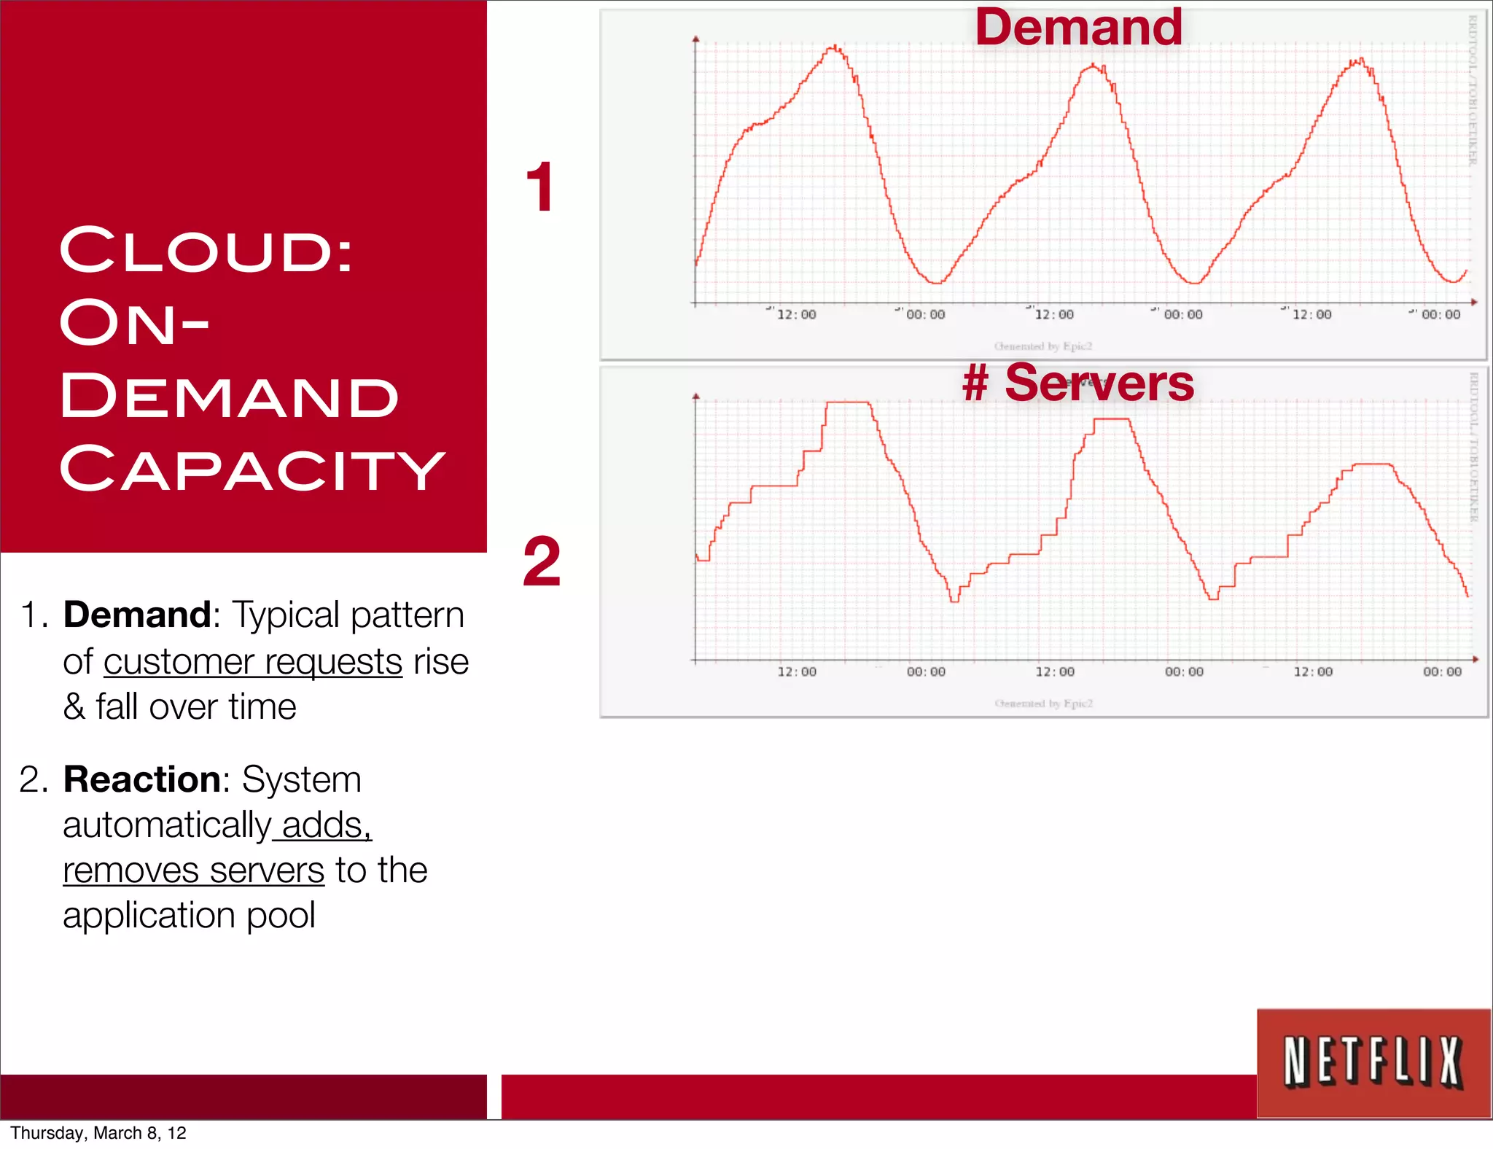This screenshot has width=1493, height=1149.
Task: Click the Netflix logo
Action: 1373,1062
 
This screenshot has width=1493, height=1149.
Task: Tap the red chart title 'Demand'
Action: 1078,28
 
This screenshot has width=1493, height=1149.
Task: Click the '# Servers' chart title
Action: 1078,383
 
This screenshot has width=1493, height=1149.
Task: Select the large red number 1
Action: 540,188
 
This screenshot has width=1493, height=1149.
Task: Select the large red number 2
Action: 542,561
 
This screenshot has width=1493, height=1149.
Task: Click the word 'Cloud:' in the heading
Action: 206,251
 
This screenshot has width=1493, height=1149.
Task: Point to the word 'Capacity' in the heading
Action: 252,470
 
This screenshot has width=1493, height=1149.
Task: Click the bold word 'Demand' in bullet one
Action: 137,615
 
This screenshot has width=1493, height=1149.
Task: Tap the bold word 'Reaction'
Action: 142,779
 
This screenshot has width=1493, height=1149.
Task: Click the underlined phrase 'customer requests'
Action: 253,662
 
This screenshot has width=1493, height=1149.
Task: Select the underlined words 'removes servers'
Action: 193,870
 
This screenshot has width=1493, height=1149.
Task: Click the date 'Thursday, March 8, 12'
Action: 98,1133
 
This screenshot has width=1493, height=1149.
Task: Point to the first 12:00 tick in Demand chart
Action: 796,315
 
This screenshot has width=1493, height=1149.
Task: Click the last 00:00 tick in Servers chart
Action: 1442,672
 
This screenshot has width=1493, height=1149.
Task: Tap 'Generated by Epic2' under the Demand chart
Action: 1043,346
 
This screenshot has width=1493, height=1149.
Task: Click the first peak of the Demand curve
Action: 834,48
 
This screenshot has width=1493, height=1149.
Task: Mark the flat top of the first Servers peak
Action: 848,402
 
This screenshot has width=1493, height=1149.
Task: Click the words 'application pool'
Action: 189,916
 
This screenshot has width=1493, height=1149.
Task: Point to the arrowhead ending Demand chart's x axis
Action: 1473,302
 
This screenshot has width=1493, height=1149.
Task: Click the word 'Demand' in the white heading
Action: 230,397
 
